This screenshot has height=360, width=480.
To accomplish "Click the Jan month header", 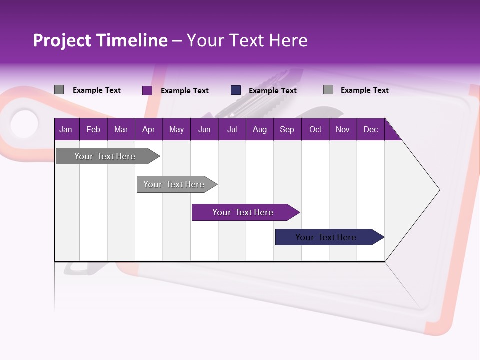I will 66,129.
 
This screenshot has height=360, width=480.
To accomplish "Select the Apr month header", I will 148,129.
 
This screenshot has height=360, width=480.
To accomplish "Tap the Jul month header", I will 232,129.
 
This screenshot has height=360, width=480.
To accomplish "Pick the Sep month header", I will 287,129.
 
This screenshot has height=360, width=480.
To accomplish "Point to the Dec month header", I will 370,129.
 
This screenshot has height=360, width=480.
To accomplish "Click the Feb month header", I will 93,129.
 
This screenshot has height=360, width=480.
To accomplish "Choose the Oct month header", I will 315,129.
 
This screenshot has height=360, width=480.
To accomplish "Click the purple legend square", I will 147,90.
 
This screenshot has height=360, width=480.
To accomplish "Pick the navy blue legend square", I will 236,90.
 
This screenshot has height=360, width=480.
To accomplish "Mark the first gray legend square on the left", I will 59,90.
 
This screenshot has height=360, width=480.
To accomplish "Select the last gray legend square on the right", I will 328,90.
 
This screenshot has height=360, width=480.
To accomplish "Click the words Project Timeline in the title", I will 100,40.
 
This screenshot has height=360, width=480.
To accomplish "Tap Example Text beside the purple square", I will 185,91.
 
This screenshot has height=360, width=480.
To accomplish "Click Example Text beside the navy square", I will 273,91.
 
